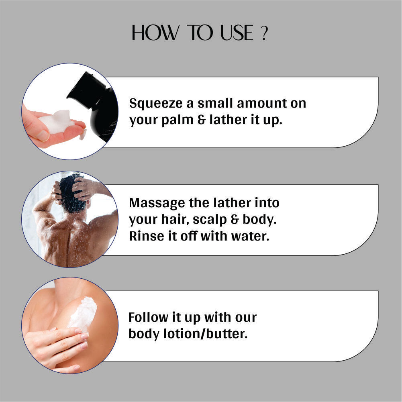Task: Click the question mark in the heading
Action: (264, 33)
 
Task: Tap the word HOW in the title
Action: (155, 33)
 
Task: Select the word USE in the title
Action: (237, 33)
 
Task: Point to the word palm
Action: (177, 120)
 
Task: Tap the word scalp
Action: (210, 220)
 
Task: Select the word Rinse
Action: (147, 236)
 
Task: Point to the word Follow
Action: (148, 317)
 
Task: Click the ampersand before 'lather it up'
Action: (201, 120)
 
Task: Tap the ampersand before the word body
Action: (235, 220)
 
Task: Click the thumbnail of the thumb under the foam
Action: (43, 135)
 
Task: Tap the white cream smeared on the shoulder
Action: (83, 312)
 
